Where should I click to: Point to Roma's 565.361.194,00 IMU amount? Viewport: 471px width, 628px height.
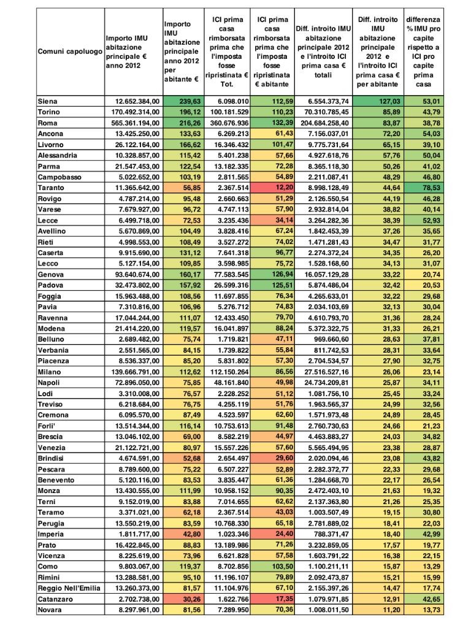(x=132, y=123)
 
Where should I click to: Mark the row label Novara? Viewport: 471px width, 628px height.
(x=50, y=610)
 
